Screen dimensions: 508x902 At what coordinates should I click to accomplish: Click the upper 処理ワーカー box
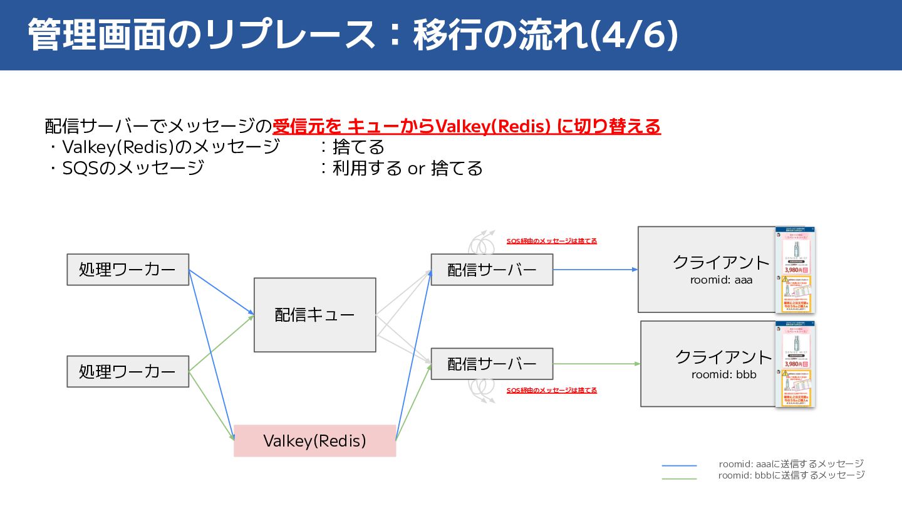(128, 270)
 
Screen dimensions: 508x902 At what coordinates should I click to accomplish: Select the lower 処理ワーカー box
(128, 371)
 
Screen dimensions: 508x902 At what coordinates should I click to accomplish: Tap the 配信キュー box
(314, 315)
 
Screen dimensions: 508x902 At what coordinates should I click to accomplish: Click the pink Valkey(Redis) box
(314, 440)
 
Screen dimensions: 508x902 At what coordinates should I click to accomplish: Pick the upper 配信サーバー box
(492, 270)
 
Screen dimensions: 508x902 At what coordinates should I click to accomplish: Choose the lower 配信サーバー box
(492, 364)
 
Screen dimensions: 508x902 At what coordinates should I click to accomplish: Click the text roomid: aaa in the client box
(721, 280)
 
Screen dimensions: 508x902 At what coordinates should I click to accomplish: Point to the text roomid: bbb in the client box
(723, 374)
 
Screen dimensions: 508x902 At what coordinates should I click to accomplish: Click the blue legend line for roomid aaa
(679, 465)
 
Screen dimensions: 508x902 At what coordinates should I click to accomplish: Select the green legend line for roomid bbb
(679, 479)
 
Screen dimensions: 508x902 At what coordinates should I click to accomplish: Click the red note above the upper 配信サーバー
(551, 241)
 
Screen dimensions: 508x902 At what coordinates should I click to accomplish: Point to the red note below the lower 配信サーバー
(551, 390)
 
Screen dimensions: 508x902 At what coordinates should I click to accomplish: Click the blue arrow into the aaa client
(595, 270)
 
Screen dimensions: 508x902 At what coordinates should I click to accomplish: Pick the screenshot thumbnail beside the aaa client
(794, 270)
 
